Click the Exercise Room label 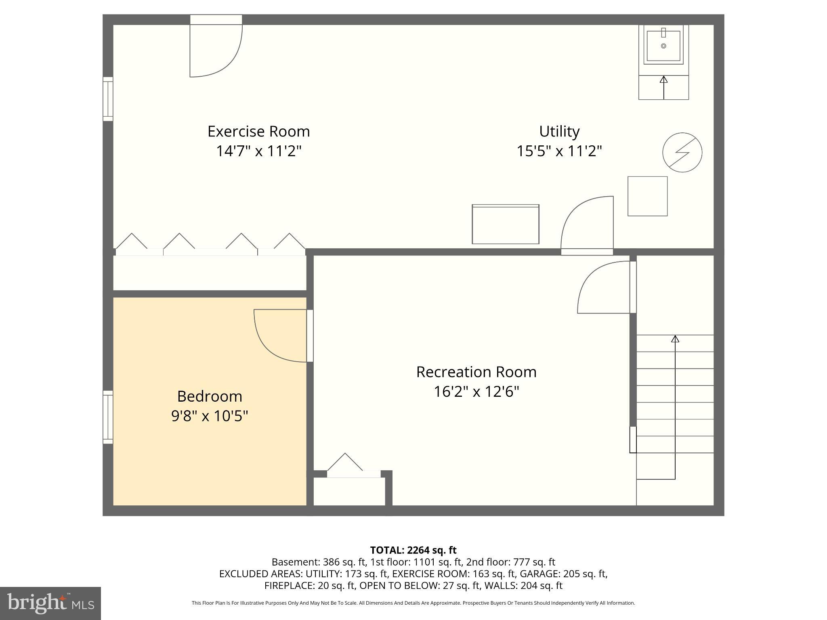coord(258,132)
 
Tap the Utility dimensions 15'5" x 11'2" coord(559,151)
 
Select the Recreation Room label coord(476,372)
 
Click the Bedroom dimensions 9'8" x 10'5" coord(210,415)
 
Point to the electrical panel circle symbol coord(682,153)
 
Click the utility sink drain coord(663,46)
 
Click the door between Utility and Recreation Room coord(587,226)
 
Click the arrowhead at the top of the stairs coord(675,339)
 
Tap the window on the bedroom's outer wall coord(108,417)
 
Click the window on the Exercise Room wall coord(108,99)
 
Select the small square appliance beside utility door coord(647,196)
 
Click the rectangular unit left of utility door coord(506,224)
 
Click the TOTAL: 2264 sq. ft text coord(413,550)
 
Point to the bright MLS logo coord(50,603)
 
